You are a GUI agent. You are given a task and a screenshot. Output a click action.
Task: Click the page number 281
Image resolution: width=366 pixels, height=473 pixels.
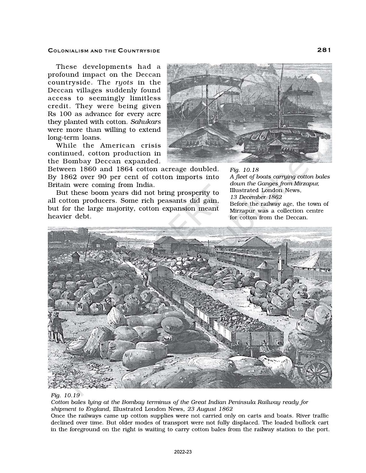[324, 50]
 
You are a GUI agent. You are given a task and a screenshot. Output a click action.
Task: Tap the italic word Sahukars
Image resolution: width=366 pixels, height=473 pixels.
[146, 122]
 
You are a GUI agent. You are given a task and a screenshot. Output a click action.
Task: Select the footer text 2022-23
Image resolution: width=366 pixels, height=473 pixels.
[183, 452]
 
